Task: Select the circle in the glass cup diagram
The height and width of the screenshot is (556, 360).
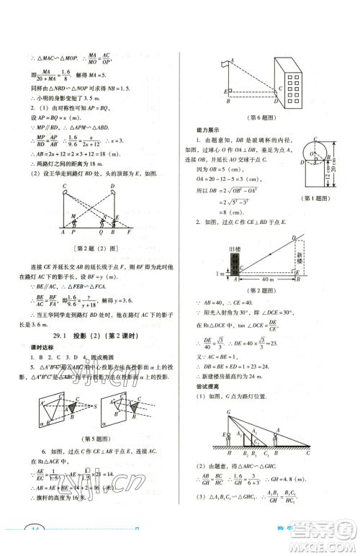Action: (x=315, y=153)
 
